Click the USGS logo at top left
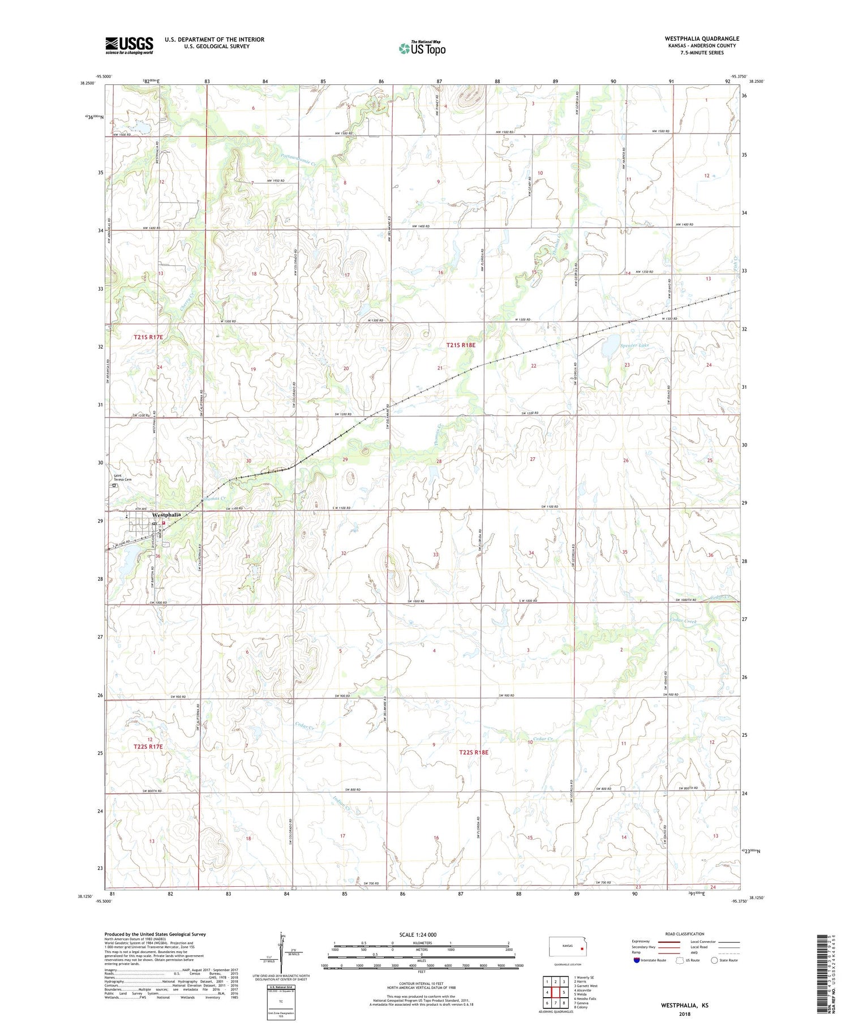point(129,45)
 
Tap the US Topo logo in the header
point(422,48)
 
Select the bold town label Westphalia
point(166,514)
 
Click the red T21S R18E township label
point(465,345)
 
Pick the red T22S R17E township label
point(148,746)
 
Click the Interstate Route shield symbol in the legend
point(638,960)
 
